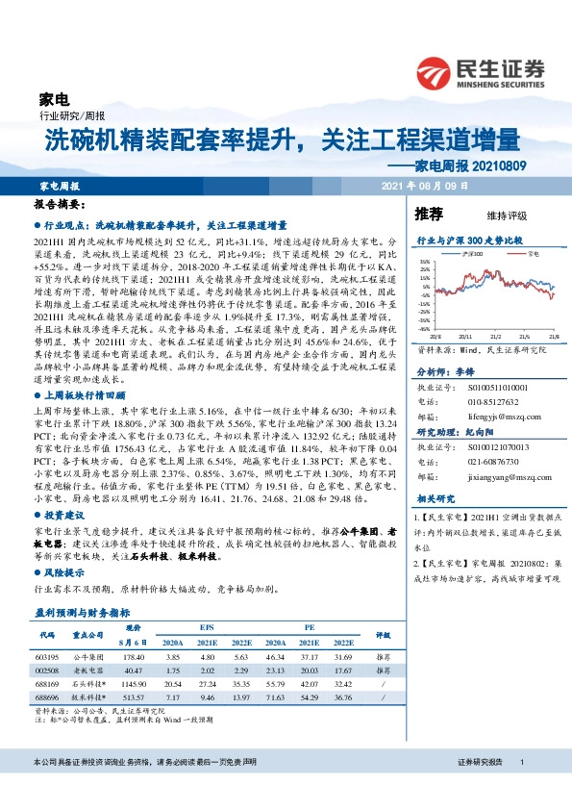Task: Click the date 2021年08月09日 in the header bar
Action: point(424,185)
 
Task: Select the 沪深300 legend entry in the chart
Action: point(468,254)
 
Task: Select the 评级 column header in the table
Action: point(382,635)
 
